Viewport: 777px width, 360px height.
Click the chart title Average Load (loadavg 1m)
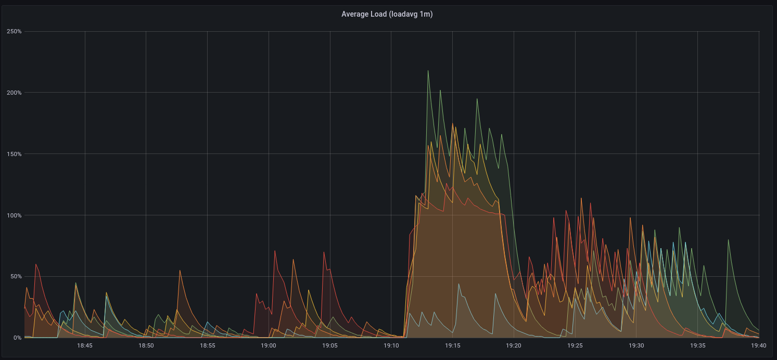click(x=387, y=14)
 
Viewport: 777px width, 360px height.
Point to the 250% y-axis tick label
click(x=14, y=31)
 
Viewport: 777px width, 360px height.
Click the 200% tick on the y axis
click(x=14, y=93)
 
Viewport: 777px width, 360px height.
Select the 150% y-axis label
click(x=14, y=154)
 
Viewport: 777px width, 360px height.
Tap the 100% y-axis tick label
click(x=14, y=215)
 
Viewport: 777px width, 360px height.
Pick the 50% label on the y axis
click(x=15, y=277)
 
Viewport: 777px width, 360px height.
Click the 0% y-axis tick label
click(x=17, y=338)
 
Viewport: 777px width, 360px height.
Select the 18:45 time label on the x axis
click(x=85, y=345)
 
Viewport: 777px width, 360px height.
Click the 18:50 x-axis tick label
click(x=146, y=345)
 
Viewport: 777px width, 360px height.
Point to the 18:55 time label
click(x=207, y=345)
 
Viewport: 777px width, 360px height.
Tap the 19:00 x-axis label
click(x=269, y=345)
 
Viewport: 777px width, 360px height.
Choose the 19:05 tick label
click(x=330, y=345)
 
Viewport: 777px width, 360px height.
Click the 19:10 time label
click(x=391, y=345)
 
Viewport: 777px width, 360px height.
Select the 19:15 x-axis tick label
click(x=452, y=345)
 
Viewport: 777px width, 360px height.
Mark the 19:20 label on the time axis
click(x=514, y=345)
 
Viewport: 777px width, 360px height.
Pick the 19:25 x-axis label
click(x=575, y=345)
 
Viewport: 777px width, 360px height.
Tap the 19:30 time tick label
click(x=636, y=345)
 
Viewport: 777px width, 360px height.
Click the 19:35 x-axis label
click(x=697, y=345)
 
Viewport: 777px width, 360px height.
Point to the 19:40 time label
click(x=758, y=345)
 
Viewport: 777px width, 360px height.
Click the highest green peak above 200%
click(x=428, y=71)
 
